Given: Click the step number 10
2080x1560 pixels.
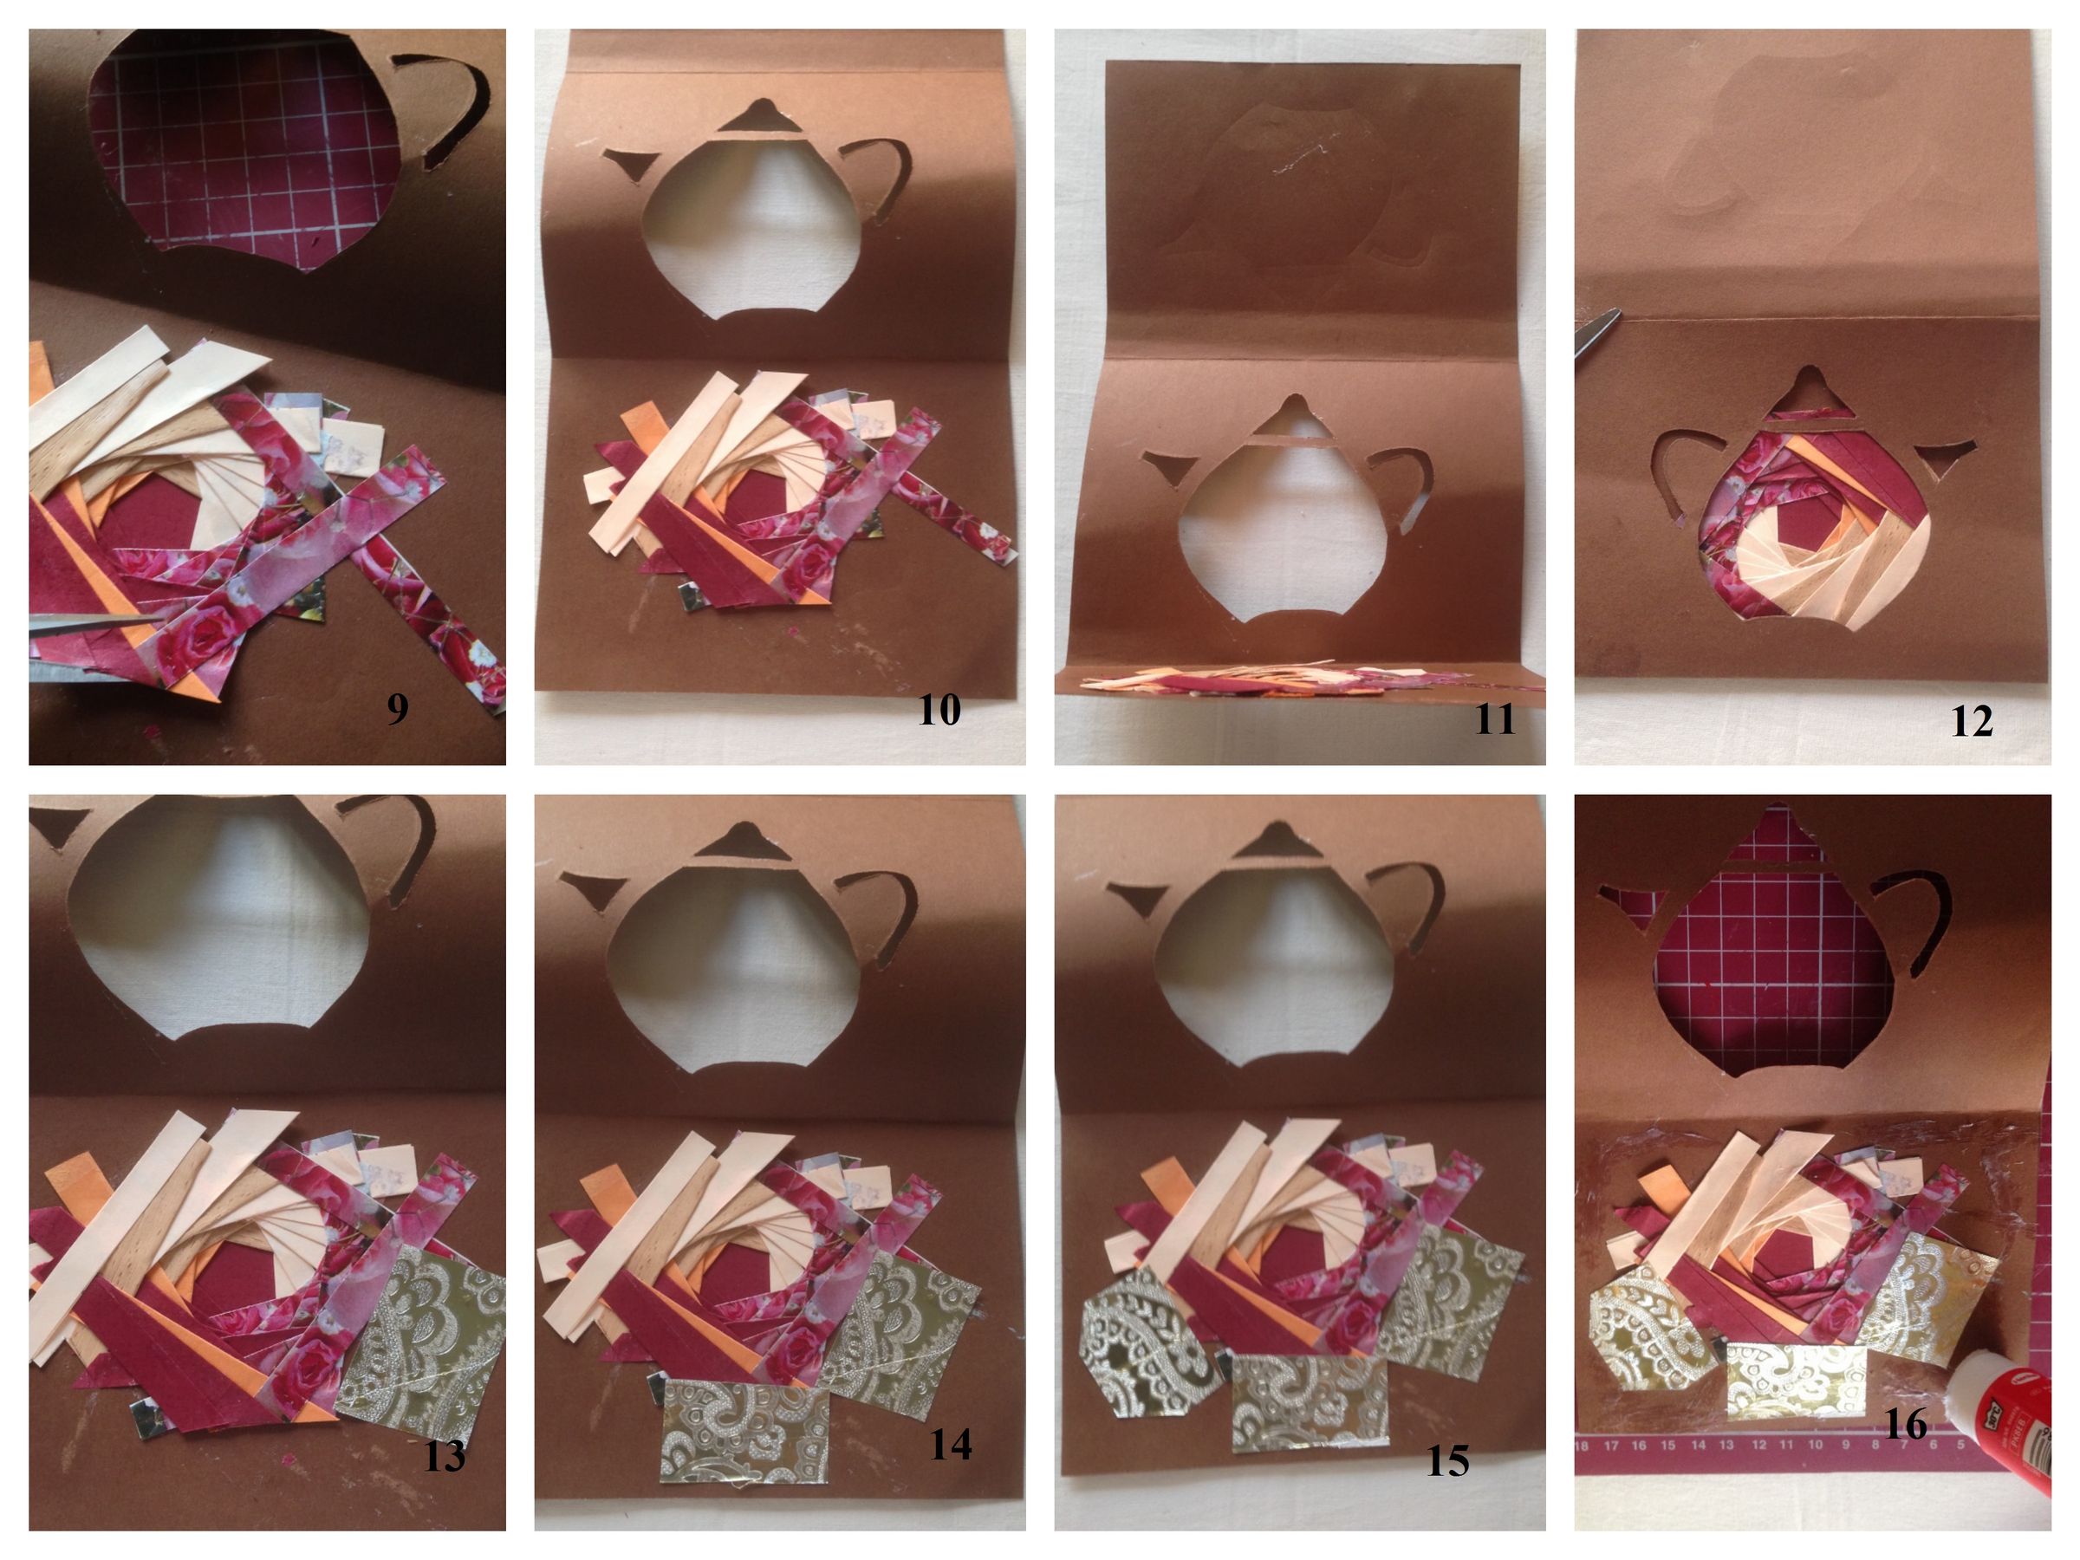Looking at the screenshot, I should pyautogui.click(x=939, y=710).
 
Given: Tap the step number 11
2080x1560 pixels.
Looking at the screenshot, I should pyautogui.click(x=1494, y=719).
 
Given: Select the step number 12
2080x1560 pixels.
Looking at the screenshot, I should pyautogui.click(x=1971, y=721).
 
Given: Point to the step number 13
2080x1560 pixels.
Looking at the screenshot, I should pyautogui.click(x=444, y=1457).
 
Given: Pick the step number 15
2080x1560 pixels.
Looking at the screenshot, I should pyautogui.click(x=1447, y=1460).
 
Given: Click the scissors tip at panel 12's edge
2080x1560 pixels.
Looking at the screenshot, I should pyautogui.click(x=1596, y=331).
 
